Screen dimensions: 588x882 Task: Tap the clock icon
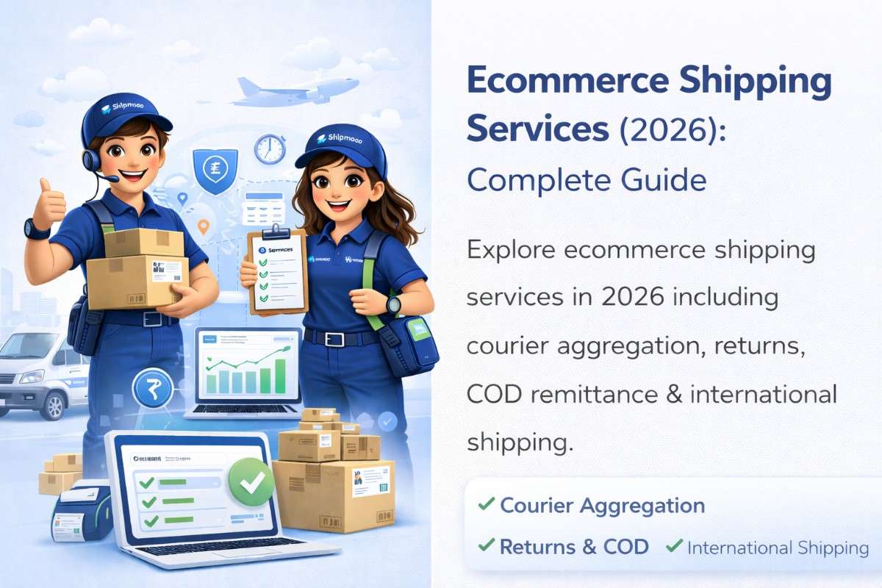point(269,148)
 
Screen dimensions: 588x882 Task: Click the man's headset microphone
point(110,178)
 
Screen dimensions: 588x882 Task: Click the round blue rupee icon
point(152,387)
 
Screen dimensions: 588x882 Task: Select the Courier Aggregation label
point(601,506)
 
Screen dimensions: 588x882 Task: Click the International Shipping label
point(778,548)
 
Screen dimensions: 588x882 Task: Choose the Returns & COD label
point(573,547)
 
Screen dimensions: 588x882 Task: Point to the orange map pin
point(204,226)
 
